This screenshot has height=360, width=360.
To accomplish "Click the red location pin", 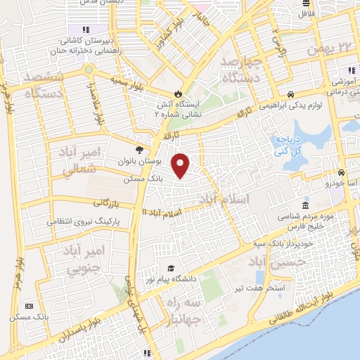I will [181, 165].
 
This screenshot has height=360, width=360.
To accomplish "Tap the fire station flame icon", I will [179, 94].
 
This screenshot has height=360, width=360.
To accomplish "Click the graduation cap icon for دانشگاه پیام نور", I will [172, 268].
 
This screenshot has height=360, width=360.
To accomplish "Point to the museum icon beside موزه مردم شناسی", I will [305, 205].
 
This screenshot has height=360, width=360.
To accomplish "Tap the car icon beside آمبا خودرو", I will [341, 172].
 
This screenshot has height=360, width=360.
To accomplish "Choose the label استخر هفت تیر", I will [280, 287].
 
